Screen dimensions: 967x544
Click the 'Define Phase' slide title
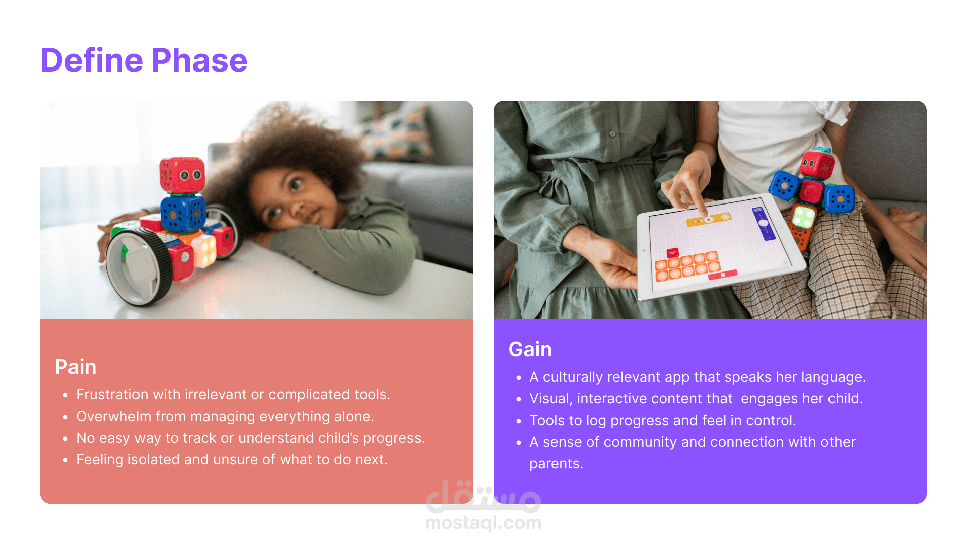coord(144,60)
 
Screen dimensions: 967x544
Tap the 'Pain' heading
coord(76,367)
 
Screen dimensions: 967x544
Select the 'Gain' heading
coord(530,349)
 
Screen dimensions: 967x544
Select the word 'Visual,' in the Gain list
coord(551,399)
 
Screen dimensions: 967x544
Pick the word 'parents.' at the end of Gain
coord(556,464)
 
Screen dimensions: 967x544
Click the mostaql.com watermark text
coord(483,523)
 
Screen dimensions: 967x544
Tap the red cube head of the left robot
coord(182,175)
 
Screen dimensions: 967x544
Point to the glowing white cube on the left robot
coord(203,250)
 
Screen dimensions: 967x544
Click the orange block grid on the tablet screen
coord(687,266)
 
